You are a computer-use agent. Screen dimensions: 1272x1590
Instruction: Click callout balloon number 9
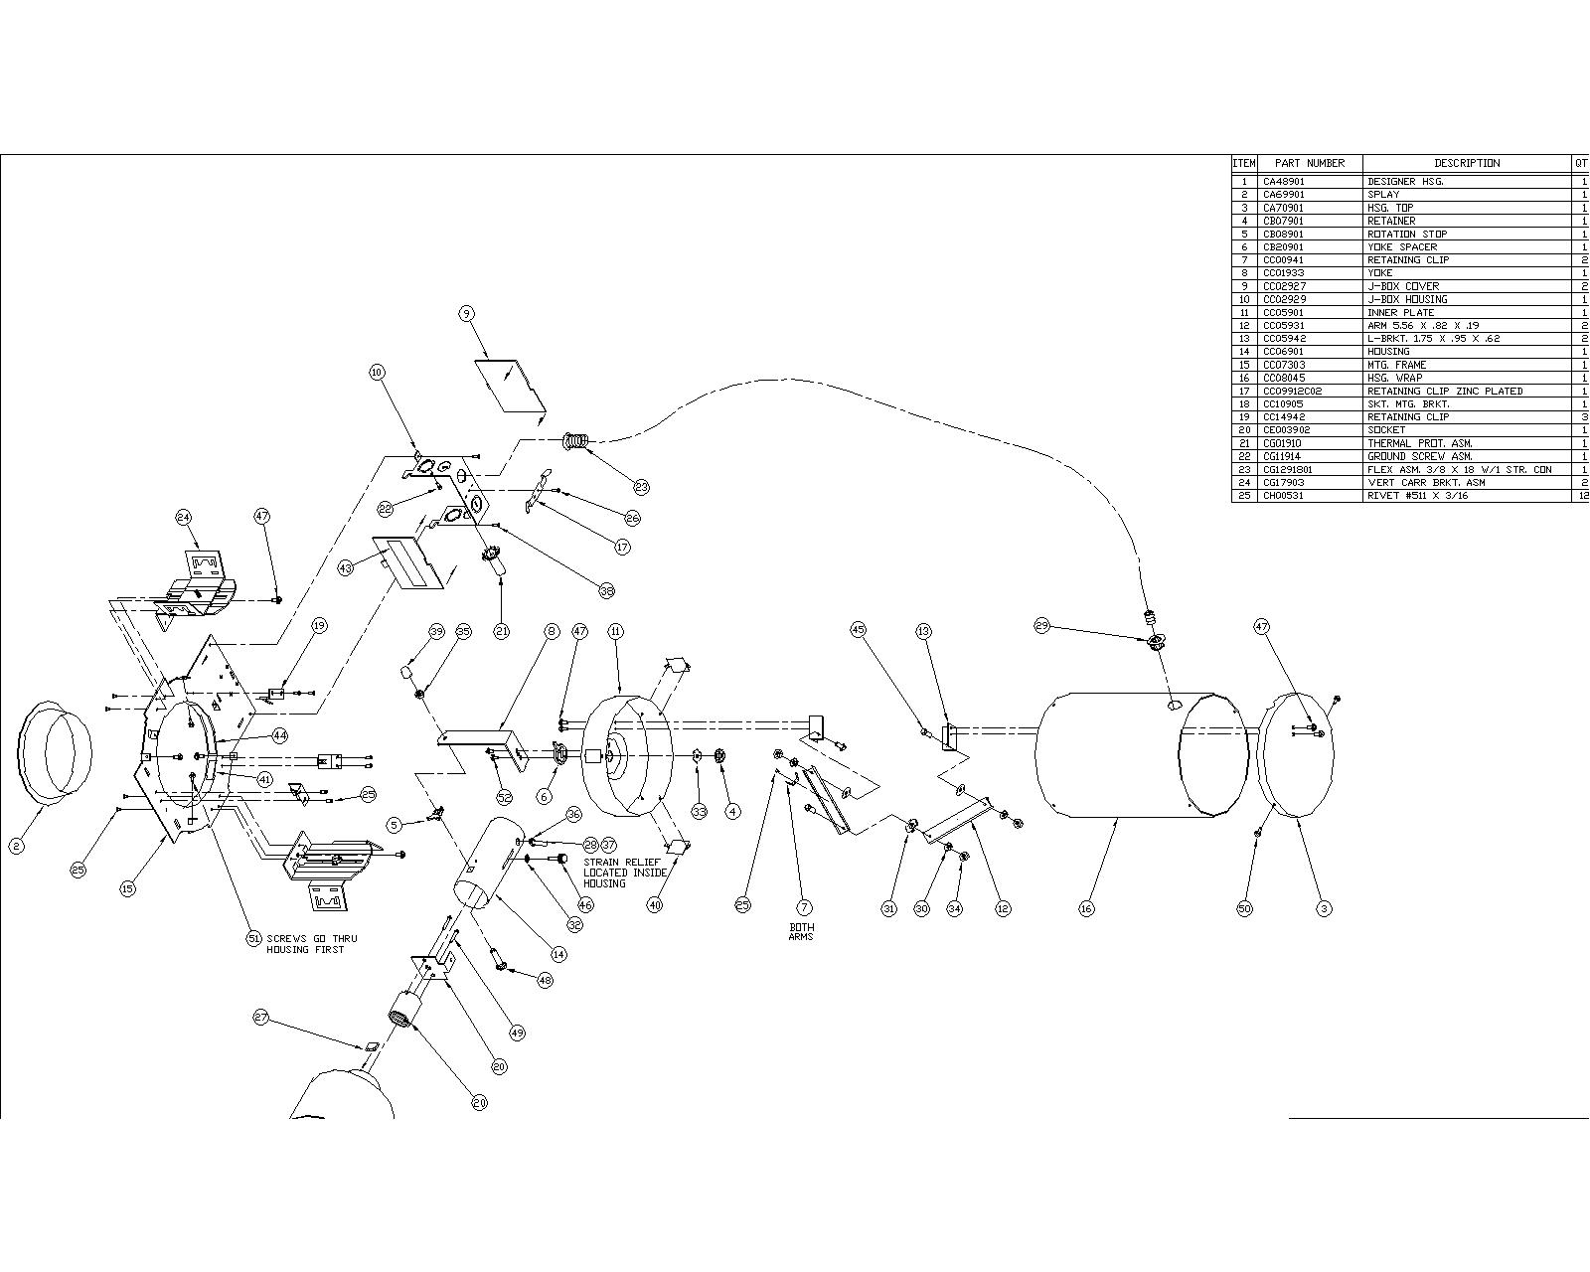coord(467,314)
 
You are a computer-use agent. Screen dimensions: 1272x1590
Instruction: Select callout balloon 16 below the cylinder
coord(1086,908)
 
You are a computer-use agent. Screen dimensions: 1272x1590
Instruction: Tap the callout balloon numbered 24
coord(184,517)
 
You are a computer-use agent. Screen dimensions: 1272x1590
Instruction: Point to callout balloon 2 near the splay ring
coord(16,846)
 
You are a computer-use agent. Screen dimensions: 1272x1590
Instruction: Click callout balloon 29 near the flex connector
coord(1041,626)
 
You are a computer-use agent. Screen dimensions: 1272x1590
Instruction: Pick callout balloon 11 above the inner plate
coord(615,631)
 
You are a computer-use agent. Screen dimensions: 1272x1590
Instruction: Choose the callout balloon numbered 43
coord(345,567)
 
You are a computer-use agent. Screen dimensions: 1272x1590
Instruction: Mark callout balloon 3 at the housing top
coord(1323,908)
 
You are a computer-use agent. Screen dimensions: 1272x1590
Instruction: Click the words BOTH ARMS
coord(801,932)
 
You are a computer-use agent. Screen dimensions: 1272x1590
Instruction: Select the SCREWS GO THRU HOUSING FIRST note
coord(311,944)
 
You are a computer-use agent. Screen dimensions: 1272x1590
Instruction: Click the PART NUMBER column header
coord(1309,163)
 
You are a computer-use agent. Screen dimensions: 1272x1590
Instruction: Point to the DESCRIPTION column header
coord(1466,163)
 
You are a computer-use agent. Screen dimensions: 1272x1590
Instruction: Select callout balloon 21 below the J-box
coord(501,631)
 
